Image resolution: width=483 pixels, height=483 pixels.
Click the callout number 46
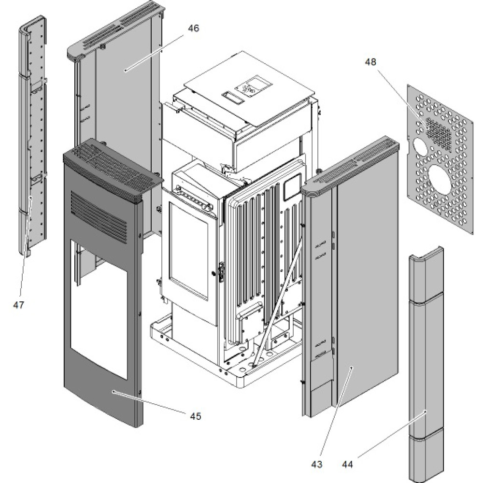tap(193, 28)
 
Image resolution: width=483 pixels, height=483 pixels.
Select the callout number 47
tap(19, 305)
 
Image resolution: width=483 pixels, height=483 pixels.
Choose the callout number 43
tap(316, 464)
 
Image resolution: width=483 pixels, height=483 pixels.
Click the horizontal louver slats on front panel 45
tap(99, 215)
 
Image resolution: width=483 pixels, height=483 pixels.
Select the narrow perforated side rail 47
tap(33, 145)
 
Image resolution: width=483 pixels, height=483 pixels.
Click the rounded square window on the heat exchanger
tap(292, 189)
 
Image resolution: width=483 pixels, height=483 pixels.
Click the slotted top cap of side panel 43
tap(353, 164)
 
